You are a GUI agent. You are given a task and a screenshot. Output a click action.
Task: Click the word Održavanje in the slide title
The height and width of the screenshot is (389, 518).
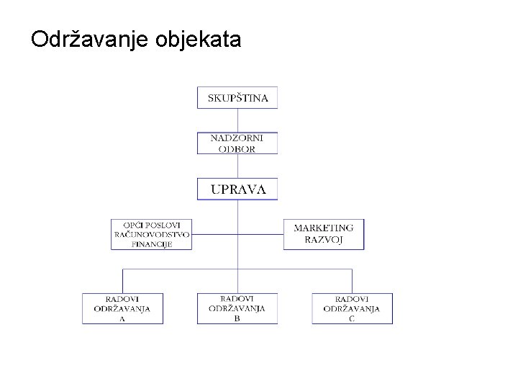pos(88,40)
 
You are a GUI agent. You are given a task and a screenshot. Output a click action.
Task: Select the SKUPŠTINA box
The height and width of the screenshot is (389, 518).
pos(237,98)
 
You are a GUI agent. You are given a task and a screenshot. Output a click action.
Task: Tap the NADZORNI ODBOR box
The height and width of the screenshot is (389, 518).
pos(237,143)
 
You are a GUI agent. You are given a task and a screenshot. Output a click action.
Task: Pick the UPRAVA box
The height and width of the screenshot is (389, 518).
pos(237,189)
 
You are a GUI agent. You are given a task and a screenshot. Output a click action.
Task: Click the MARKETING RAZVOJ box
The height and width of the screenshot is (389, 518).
pos(323,234)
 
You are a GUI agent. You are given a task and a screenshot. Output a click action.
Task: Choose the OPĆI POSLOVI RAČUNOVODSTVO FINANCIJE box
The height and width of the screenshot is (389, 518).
pos(152,233)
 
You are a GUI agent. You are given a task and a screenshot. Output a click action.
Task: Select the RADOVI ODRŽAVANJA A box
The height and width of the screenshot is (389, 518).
pos(122,308)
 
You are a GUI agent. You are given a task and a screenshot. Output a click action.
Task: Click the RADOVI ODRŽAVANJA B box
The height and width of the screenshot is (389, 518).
pos(237,308)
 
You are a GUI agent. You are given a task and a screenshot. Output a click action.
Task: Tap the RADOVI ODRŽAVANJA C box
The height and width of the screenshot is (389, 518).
pos(352,308)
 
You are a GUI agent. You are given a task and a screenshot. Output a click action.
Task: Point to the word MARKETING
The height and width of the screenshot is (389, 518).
pos(323,228)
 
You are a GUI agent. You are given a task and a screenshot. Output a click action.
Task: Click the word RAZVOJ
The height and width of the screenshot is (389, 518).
pos(323,239)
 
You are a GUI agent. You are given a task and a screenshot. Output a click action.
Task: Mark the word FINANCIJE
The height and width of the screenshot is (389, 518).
pos(152,243)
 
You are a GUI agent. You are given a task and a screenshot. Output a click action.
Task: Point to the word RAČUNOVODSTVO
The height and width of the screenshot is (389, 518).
pos(152,234)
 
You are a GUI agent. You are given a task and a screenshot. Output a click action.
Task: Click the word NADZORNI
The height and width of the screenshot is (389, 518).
pos(237,138)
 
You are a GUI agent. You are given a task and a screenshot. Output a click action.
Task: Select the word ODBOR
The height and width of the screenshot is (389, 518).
pos(237,148)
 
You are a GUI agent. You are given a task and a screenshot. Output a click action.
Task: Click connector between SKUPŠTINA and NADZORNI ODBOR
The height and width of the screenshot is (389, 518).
pos(237,120)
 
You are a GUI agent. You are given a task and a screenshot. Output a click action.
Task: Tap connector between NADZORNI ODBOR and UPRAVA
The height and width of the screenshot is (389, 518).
pos(237,165)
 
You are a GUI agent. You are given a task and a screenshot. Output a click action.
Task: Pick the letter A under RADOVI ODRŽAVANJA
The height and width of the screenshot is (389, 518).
pos(122,319)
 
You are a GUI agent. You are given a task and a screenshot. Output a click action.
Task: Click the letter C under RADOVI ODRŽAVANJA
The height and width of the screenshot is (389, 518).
pos(352,319)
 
